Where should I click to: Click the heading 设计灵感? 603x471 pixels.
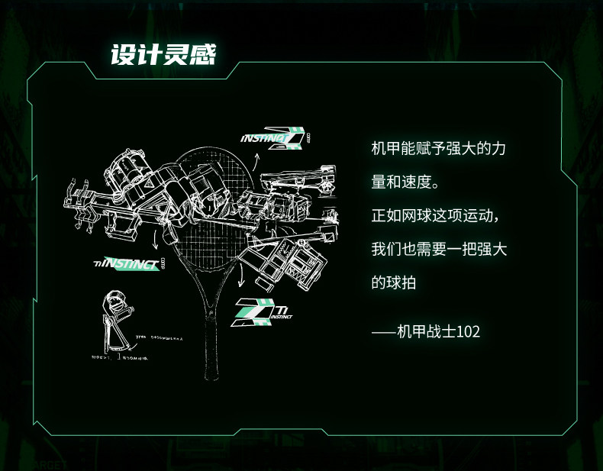163,55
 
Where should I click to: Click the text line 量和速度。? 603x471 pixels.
405,183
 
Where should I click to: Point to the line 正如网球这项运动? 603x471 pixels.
435,216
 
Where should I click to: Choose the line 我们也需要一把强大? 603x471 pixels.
439,250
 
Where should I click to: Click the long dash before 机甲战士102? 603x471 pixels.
384,332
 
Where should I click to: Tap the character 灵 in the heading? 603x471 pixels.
178,55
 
